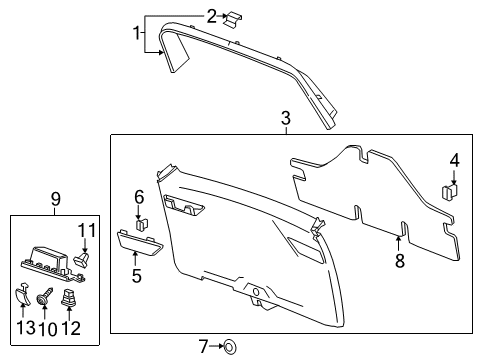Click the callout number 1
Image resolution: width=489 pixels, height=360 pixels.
pyautogui.click(x=138, y=34)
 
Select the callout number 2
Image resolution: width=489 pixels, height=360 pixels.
pyautogui.click(x=211, y=15)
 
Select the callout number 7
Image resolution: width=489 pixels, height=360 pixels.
pyautogui.click(x=203, y=347)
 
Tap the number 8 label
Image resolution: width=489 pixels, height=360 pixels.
pyautogui.click(x=399, y=262)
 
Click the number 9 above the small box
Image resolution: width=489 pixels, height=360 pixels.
pyautogui.click(x=56, y=198)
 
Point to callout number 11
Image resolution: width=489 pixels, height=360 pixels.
pyautogui.click(x=87, y=231)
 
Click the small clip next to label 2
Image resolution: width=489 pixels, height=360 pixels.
pyautogui.click(x=232, y=19)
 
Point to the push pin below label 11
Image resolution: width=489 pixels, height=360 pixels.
pyautogui.click(x=84, y=260)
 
